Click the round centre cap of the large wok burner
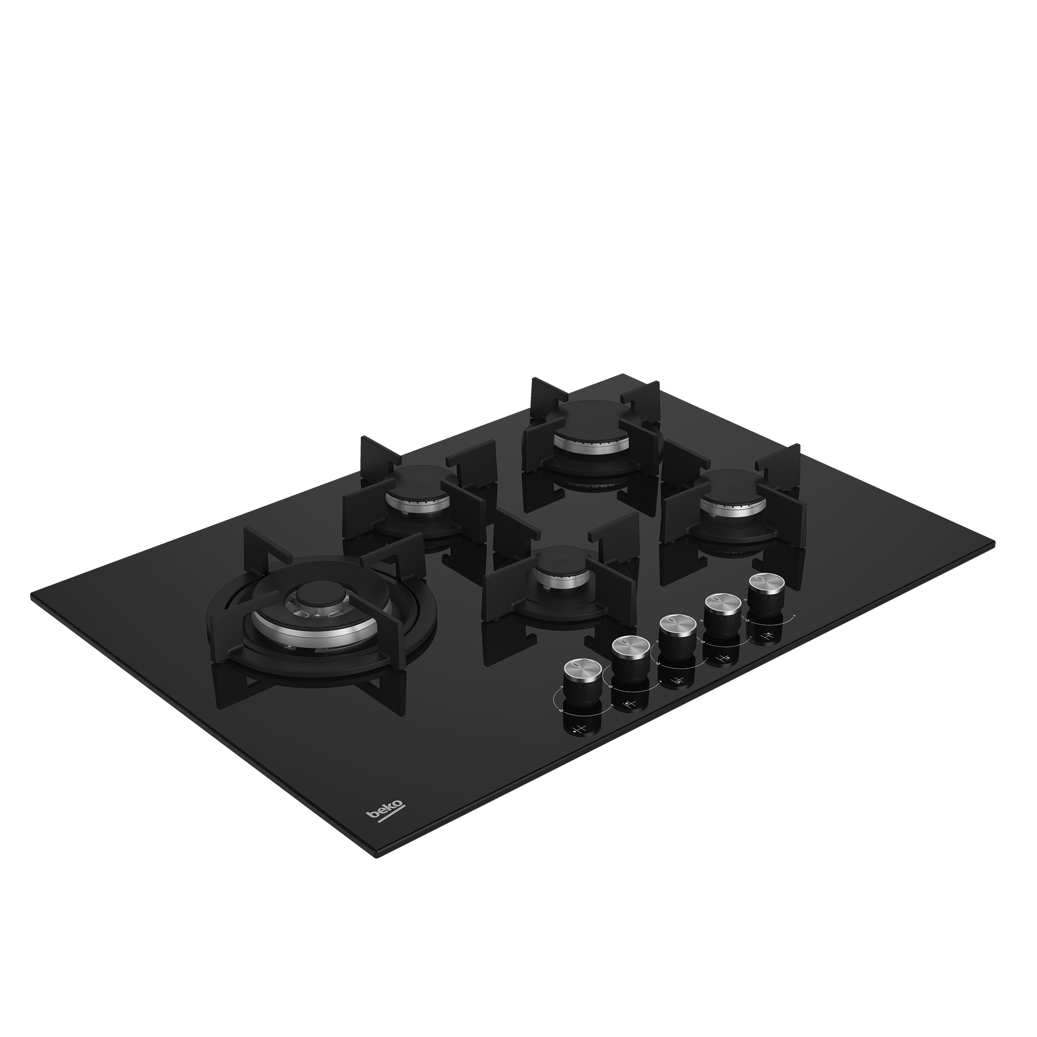[x=312, y=597]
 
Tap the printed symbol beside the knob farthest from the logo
[x=768, y=637]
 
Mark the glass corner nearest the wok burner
[x=33, y=594]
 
